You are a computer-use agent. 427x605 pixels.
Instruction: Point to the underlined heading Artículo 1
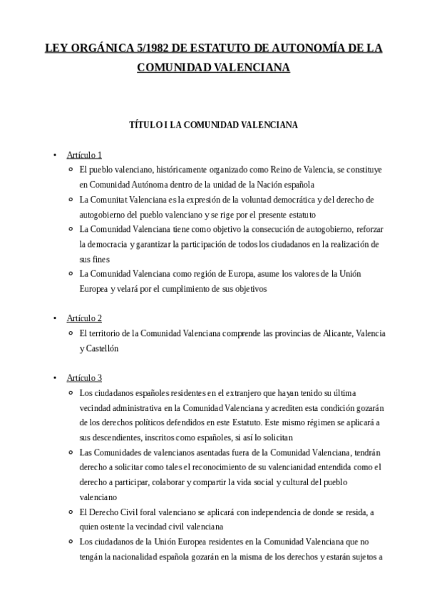tap(84, 155)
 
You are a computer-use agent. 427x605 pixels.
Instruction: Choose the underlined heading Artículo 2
tap(84, 317)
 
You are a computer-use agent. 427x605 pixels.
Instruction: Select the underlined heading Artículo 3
tap(84, 377)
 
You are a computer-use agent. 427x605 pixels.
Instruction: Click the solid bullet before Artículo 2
tap(54, 317)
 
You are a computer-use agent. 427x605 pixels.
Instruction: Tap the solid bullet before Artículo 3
tap(54, 377)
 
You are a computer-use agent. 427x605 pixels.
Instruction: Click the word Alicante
tap(334, 333)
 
